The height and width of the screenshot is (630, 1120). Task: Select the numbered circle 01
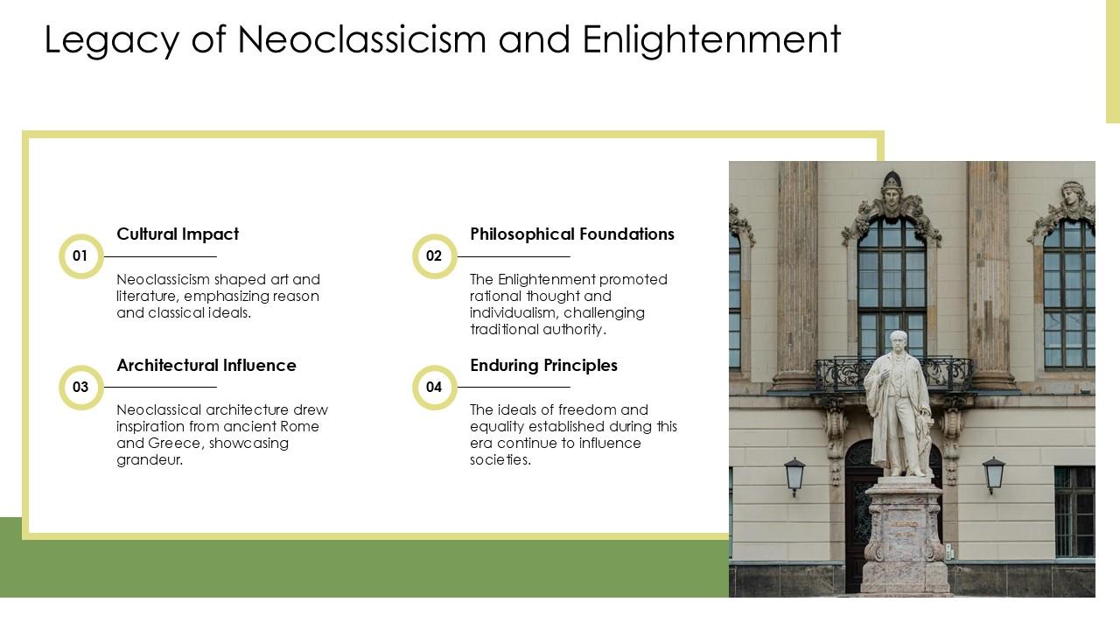tap(80, 256)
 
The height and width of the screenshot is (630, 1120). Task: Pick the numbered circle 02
tap(434, 256)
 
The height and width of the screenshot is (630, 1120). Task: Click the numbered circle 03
tap(80, 387)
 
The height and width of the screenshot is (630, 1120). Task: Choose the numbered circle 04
tap(434, 387)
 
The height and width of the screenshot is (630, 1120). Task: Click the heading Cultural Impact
tap(178, 234)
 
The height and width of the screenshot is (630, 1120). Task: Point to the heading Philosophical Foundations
tap(572, 234)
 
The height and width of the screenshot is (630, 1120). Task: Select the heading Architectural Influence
tap(206, 366)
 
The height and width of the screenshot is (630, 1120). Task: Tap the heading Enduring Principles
tap(543, 366)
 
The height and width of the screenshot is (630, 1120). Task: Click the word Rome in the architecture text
tap(300, 427)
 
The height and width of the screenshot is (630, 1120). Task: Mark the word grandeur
tap(150, 460)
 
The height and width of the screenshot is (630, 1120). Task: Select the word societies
tap(500, 460)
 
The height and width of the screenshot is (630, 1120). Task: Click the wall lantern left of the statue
tap(794, 474)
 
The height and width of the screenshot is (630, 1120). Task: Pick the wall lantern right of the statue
tap(994, 473)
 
